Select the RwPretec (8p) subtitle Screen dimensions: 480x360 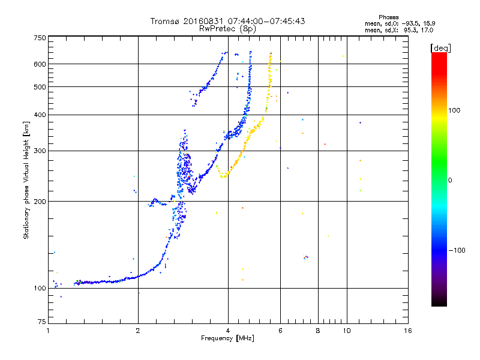[227, 29]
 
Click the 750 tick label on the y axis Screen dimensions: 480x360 [40, 38]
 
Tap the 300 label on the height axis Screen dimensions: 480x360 [40, 151]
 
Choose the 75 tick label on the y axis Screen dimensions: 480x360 [42, 322]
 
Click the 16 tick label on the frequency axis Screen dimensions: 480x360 [408, 331]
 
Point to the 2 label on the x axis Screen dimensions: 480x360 [138, 331]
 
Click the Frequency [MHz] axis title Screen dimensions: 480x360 [228, 338]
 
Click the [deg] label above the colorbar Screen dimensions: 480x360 [440, 48]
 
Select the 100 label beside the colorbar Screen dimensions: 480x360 [454, 110]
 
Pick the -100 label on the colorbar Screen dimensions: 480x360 [457, 250]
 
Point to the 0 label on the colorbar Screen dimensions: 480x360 [450, 181]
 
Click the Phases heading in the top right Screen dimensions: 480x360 [389, 17]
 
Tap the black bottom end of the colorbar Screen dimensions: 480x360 [439, 304]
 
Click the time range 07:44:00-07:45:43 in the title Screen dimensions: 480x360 [266, 21]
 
